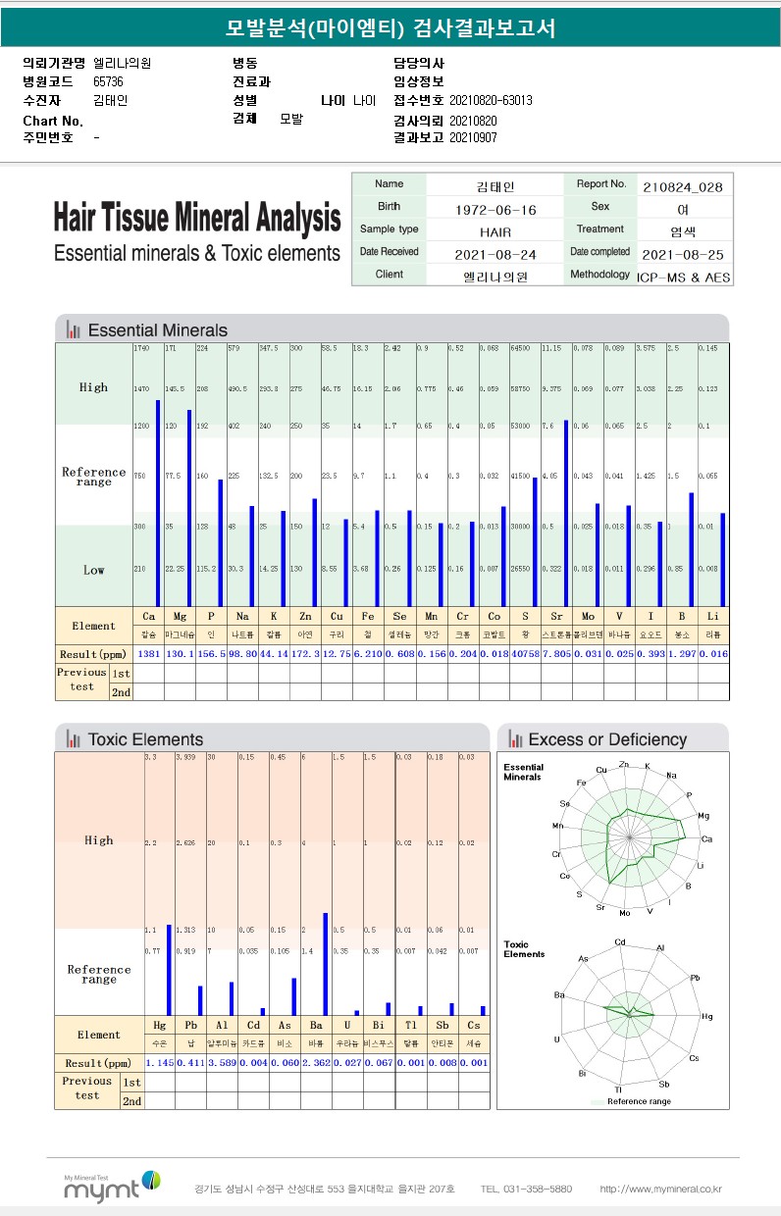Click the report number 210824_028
683,185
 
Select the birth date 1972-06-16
495,209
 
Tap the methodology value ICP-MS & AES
683,278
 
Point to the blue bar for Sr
566,512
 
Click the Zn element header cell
304,617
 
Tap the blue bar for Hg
169,969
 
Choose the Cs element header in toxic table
474,1025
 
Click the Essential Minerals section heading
157,330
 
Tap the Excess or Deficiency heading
607,739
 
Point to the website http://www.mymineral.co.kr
660,1190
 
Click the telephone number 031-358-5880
526,1190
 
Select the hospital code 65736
108,81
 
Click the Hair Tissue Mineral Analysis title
197,218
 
